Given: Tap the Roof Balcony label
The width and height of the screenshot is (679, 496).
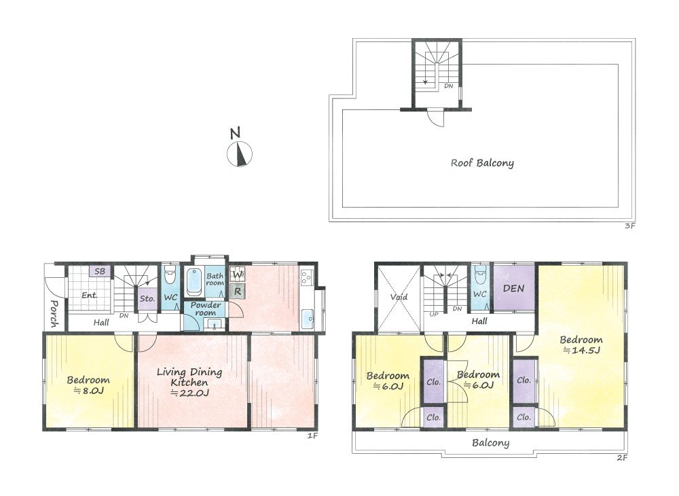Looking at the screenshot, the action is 482,163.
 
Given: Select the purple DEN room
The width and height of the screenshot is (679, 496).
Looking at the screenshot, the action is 514,287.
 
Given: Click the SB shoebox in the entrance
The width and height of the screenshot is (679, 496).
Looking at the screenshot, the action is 100,272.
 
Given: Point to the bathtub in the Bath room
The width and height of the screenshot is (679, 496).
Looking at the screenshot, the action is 194,282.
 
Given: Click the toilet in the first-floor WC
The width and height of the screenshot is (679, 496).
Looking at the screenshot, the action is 170,275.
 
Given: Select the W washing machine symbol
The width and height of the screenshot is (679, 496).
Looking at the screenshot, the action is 237,274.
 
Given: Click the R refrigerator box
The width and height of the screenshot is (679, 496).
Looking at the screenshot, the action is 237,291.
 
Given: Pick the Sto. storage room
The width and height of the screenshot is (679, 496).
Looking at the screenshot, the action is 147,299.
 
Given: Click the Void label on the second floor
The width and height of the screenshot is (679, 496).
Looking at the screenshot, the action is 399,297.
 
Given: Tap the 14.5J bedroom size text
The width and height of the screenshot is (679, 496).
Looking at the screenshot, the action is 582,351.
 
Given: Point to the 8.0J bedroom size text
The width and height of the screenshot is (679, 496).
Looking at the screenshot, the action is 88,391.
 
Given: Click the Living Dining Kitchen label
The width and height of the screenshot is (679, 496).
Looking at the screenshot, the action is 189,377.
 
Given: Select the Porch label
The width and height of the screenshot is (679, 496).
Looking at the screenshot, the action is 54,314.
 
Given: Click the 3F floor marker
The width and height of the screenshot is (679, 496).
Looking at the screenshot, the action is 629,226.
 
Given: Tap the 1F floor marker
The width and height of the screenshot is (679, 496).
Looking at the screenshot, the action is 312,436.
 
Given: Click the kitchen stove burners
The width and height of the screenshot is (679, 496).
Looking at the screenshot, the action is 308,277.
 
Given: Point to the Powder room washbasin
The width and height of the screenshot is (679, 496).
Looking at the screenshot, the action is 215,325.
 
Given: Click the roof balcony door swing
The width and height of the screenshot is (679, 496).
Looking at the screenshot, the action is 436,118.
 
